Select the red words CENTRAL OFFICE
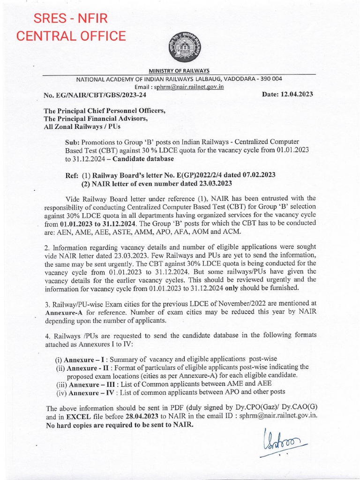[x=71, y=36]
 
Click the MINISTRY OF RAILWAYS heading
[x=179, y=70]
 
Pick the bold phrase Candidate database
[x=135, y=158]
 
